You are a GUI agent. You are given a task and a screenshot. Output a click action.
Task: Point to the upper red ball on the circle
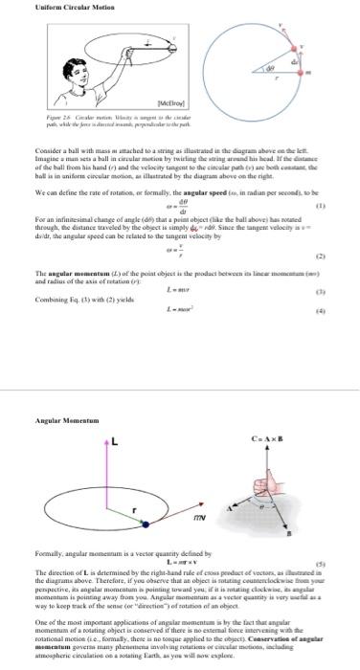tap(294, 48)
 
